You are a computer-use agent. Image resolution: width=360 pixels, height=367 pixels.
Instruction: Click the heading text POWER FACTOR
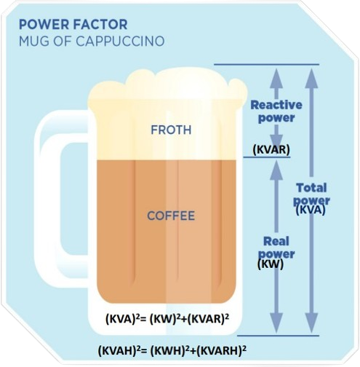(x=73, y=25)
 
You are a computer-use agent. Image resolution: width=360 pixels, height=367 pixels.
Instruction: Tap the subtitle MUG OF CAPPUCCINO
(x=92, y=42)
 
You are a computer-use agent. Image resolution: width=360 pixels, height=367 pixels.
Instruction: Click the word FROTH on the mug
(x=171, y=130)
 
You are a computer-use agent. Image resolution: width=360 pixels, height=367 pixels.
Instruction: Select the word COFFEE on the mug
(x=171, y=216)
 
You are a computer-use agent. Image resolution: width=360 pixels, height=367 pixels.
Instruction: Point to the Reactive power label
(x=276, y=111)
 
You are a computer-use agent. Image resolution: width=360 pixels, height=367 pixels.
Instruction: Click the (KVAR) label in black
(x=271, y=149)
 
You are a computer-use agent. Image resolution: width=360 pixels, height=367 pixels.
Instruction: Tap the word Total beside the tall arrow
(x=312, y=188)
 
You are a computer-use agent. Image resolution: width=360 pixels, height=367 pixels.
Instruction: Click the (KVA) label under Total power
(x=311, y=210)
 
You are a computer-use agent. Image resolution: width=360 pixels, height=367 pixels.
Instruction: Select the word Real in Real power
(x=276, y=241)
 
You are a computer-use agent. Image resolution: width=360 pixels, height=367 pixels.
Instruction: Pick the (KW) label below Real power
(x=271, y=264)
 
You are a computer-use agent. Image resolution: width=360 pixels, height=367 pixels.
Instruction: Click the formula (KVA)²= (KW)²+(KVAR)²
(x=167, y=318)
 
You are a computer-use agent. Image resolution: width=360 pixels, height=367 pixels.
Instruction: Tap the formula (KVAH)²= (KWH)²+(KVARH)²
(x=172, y=350)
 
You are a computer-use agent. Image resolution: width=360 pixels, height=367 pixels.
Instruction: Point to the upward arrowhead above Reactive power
(x=276, y=78)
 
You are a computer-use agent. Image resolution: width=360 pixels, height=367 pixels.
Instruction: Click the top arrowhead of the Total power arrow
(x=311, y=78)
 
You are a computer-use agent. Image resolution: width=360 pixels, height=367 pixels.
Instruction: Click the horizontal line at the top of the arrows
(x=266, y=65)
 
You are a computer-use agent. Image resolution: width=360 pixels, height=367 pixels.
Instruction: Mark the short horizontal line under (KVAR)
(x=267, y=157)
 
